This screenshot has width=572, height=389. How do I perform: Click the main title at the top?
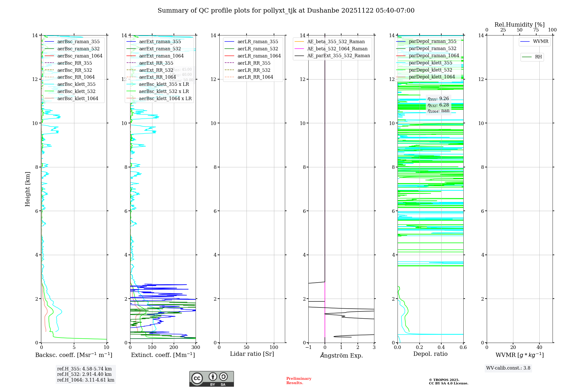[x=286, y=11]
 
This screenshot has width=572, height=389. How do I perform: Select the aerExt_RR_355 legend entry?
[x=156, y=63]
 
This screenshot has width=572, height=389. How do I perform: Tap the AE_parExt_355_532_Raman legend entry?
[x=338, y=56]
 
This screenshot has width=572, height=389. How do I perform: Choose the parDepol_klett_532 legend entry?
[x=430, y=70]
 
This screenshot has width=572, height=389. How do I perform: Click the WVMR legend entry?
[x=540, y=41]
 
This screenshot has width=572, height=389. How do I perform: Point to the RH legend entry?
[x=538, y=57]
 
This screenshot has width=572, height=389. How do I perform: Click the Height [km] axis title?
[x=27, y=189]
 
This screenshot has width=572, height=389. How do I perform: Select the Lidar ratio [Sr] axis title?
[x=252, y=354]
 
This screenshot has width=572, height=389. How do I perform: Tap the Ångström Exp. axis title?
[x=341, y=355]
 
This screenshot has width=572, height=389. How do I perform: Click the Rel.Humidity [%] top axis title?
[x=519, y=25]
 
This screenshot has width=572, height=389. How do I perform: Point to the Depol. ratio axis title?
[x=430, y=354]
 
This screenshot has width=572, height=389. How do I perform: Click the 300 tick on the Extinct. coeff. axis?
[x=196, y=348]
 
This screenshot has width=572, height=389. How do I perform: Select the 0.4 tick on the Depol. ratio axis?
[x=441, y=348]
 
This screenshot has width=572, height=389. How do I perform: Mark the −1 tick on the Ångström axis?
[x=308, y=348]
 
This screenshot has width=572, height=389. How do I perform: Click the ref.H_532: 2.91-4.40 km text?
[x=84, y=374]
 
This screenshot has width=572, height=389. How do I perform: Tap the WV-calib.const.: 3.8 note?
[x=508, y=368]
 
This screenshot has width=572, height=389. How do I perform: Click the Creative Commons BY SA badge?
[x=211, y=379]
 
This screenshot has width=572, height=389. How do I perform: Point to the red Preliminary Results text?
[x=299, y=380]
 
